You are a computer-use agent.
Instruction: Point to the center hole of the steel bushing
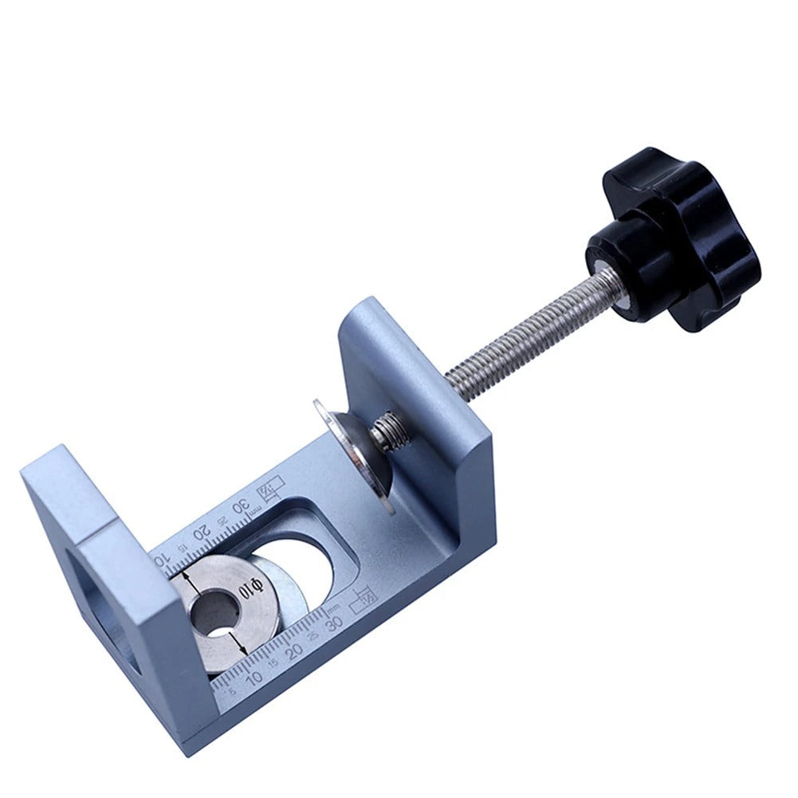pos(214,614)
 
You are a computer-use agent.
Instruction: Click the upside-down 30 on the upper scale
pos(240,508)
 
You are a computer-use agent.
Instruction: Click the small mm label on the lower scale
pos(334,607)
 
